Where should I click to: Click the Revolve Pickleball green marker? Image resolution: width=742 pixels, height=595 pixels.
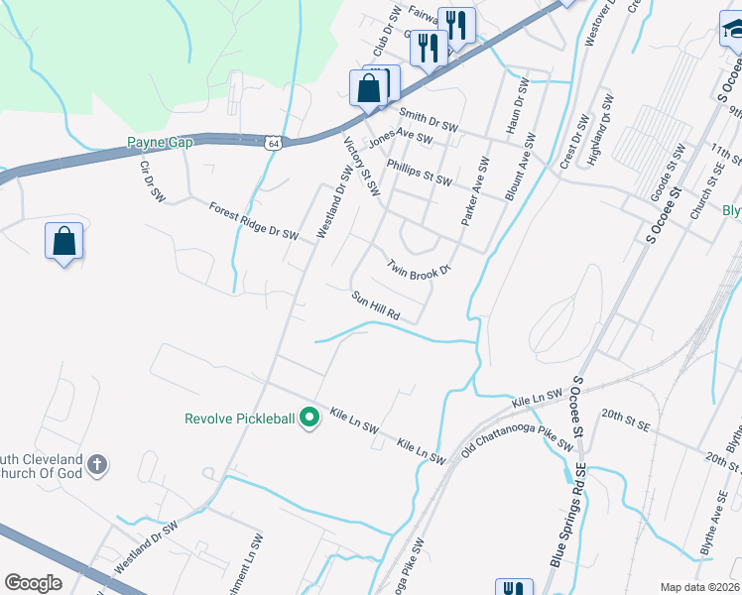(x=309, y=417)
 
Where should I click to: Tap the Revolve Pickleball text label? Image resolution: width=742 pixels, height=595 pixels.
(x=240, y=418)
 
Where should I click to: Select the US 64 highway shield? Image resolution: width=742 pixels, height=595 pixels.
(x=274, y=143)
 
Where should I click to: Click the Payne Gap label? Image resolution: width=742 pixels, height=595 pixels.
(x=160, y=143)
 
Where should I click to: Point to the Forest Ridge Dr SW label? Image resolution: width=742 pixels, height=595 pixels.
(x=254, y=221)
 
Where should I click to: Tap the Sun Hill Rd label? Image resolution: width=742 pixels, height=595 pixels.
(x=375, y=304)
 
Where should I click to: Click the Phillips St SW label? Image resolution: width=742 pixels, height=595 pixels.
(x=419, y=173)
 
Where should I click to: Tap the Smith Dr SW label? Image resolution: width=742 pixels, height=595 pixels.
(x=428, y=120)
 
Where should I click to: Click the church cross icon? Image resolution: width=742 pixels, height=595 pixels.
(x=97, y=463)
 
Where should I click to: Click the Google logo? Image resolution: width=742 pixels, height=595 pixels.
(x=34, y=583)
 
